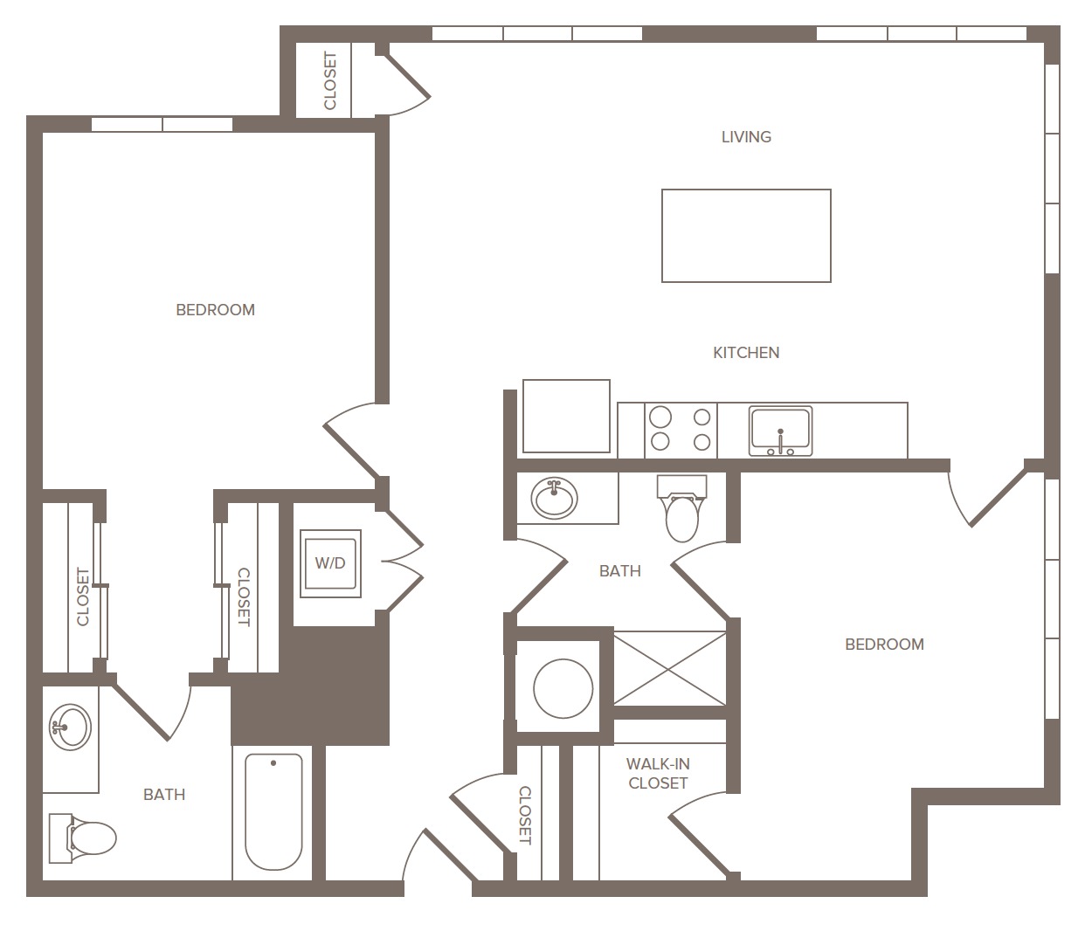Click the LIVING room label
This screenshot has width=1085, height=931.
(746, 137)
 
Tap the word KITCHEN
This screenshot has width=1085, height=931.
(746, 353)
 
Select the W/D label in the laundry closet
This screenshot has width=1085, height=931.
(330, 563)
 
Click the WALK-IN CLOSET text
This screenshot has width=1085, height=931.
(658, 774)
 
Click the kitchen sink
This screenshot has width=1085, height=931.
(780, 431)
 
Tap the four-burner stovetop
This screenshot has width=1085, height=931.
(681, 431)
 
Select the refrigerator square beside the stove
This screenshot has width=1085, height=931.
(566, 417)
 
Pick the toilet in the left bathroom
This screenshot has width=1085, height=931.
(82, 838)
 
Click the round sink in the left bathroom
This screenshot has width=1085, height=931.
(70, 728)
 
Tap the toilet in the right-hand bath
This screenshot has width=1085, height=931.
(682, 508)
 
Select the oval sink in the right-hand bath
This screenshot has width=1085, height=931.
(554, 498)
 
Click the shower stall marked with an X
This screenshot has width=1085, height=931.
(670, 669)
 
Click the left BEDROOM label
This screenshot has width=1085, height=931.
(215, 310)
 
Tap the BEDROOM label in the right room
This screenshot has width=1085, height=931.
(884, 645)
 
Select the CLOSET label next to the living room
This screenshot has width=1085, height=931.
(330, 80)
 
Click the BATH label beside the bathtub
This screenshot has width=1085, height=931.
(164, 795)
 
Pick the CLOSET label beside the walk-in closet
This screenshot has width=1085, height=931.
(525, 815)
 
